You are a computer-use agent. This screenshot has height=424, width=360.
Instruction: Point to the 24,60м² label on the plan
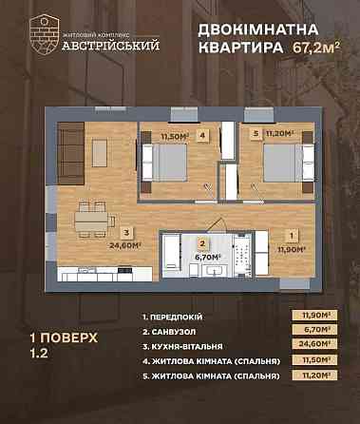pos(125,243)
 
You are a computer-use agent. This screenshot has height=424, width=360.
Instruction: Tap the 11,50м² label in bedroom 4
pos(174,136)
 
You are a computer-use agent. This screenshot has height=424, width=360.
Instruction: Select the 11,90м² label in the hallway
pos(275,250)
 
